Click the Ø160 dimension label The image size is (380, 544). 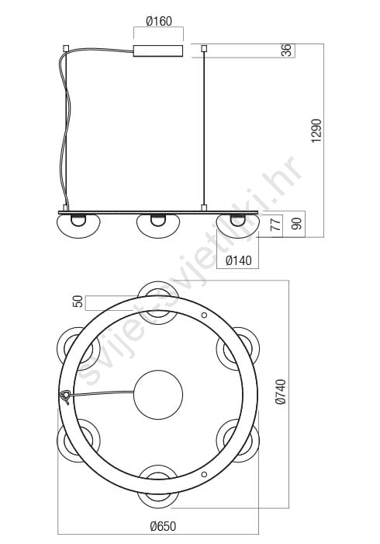click(x=159, y=21)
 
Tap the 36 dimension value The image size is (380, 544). click(x=288, y=51)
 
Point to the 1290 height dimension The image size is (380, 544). click(x=316, y=131)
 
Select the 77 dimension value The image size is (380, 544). click(x=275, y=225)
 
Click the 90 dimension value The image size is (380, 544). click(x=296, y=224)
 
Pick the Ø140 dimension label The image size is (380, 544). click(x=238, y=260)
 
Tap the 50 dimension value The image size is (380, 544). click(x=78, y=302)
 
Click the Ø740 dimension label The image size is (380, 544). click(x=281, y=392)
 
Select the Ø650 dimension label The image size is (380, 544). click(x=163, y=526)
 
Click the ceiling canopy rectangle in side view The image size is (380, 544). click(x=158, y=51)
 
